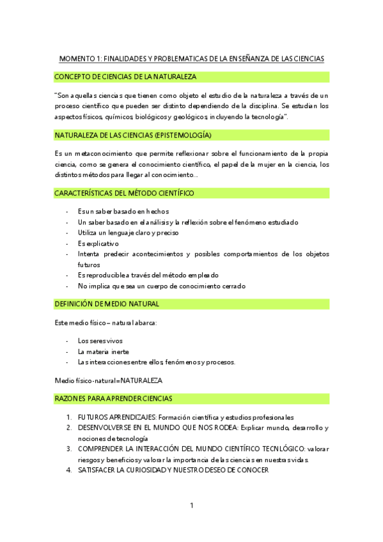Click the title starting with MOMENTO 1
pos(191,59)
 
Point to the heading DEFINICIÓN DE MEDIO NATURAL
pos(107,304)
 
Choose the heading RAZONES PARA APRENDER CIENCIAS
pos(113,399)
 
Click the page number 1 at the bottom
pos(191,506)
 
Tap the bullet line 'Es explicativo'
pos(98,244)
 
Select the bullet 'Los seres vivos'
pos(100,341)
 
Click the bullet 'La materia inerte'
pos(103,352)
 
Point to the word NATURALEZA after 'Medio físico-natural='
pos(141,380)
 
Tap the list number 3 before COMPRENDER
pos(69,449)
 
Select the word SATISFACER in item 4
pos(100,470)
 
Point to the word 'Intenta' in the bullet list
pos(88,254)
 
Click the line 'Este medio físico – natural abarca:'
pos(106,322)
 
